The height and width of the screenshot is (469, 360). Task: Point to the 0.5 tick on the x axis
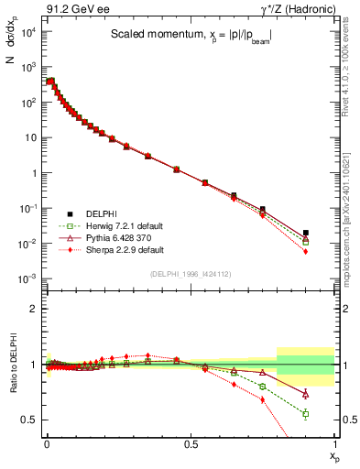(190, 443)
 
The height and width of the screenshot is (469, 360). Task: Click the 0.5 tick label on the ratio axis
(29, 420)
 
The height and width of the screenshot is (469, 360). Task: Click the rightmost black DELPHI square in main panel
(306, 233)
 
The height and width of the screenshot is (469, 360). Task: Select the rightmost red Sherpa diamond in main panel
(306, 251)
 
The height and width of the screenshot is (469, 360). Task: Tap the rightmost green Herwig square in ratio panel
(306, 414)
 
